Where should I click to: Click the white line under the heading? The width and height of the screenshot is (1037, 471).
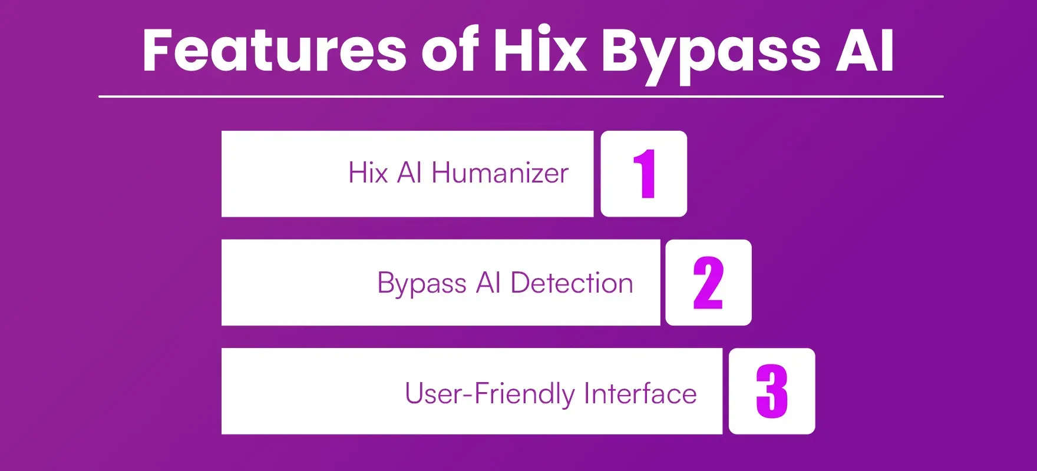pyautogui.click(x=521, y=96)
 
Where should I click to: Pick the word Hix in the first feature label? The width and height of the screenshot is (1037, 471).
pyautogui.click(x=368, y=173)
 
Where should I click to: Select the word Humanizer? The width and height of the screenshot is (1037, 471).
pyautogui.click(x=500, y=173)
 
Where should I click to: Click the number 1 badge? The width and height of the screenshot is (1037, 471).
pyautogui.click(x=644, y=174)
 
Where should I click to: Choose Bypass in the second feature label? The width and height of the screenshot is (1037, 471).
pyautogui.click(x=422, y=284)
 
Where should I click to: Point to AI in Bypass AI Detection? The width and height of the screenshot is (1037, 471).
pyautogui.click(x=488, y=283)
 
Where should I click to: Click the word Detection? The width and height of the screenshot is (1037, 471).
pyautogui.click(x=572, y=283)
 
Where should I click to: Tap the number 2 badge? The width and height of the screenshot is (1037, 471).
pyautogui.click(x=708, y=283)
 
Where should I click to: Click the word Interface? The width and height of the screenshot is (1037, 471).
pyautogui.click(x=640, y=393)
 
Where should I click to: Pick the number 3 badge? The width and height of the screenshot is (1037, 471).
pyautogui.click(x=772, y=391)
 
